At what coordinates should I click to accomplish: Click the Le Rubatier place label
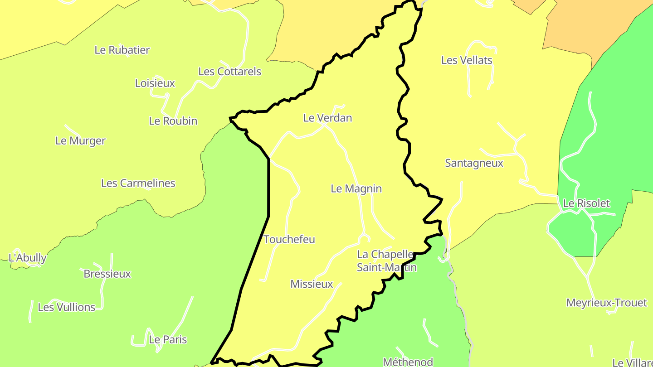122,50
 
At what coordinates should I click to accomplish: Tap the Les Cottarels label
230,71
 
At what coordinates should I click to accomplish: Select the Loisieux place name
155,83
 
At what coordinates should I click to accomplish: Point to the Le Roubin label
173,121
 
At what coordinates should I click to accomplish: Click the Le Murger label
80,140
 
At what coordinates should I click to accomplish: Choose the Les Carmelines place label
138,183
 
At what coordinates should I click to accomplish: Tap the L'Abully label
28,258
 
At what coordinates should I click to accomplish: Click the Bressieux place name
107,274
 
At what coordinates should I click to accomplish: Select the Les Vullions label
67,307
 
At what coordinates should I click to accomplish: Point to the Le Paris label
168,339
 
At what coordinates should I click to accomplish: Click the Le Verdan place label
327,118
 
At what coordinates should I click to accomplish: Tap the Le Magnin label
356,188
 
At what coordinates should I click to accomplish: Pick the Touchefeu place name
289,239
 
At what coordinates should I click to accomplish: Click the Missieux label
312,284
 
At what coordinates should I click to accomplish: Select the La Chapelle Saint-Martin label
386,261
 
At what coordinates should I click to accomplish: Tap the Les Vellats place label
467,60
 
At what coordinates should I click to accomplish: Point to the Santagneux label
474,163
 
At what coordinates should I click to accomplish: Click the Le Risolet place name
586,203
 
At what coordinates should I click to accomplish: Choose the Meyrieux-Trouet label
606,302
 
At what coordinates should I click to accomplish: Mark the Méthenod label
408,362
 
